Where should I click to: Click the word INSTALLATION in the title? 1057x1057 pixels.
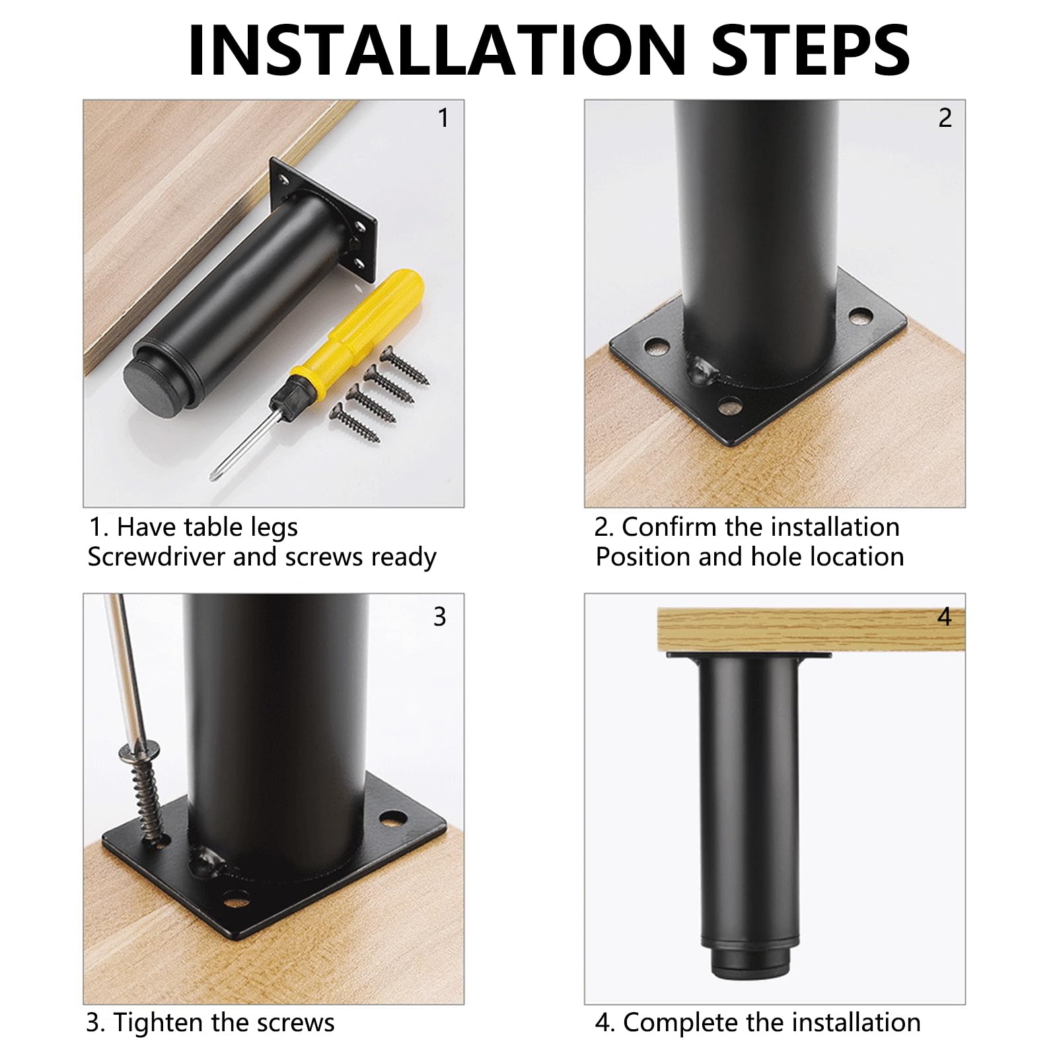pos(437,50)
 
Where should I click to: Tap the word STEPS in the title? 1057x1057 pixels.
pos(811,50)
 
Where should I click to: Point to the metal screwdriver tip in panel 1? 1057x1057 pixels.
pos(238,443)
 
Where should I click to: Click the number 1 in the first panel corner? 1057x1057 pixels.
pos(443,118)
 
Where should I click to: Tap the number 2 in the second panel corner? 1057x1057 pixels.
pos(945,118)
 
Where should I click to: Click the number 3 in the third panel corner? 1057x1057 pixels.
pos(440,616)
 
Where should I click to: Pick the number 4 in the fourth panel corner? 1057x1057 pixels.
pos(945,617)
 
